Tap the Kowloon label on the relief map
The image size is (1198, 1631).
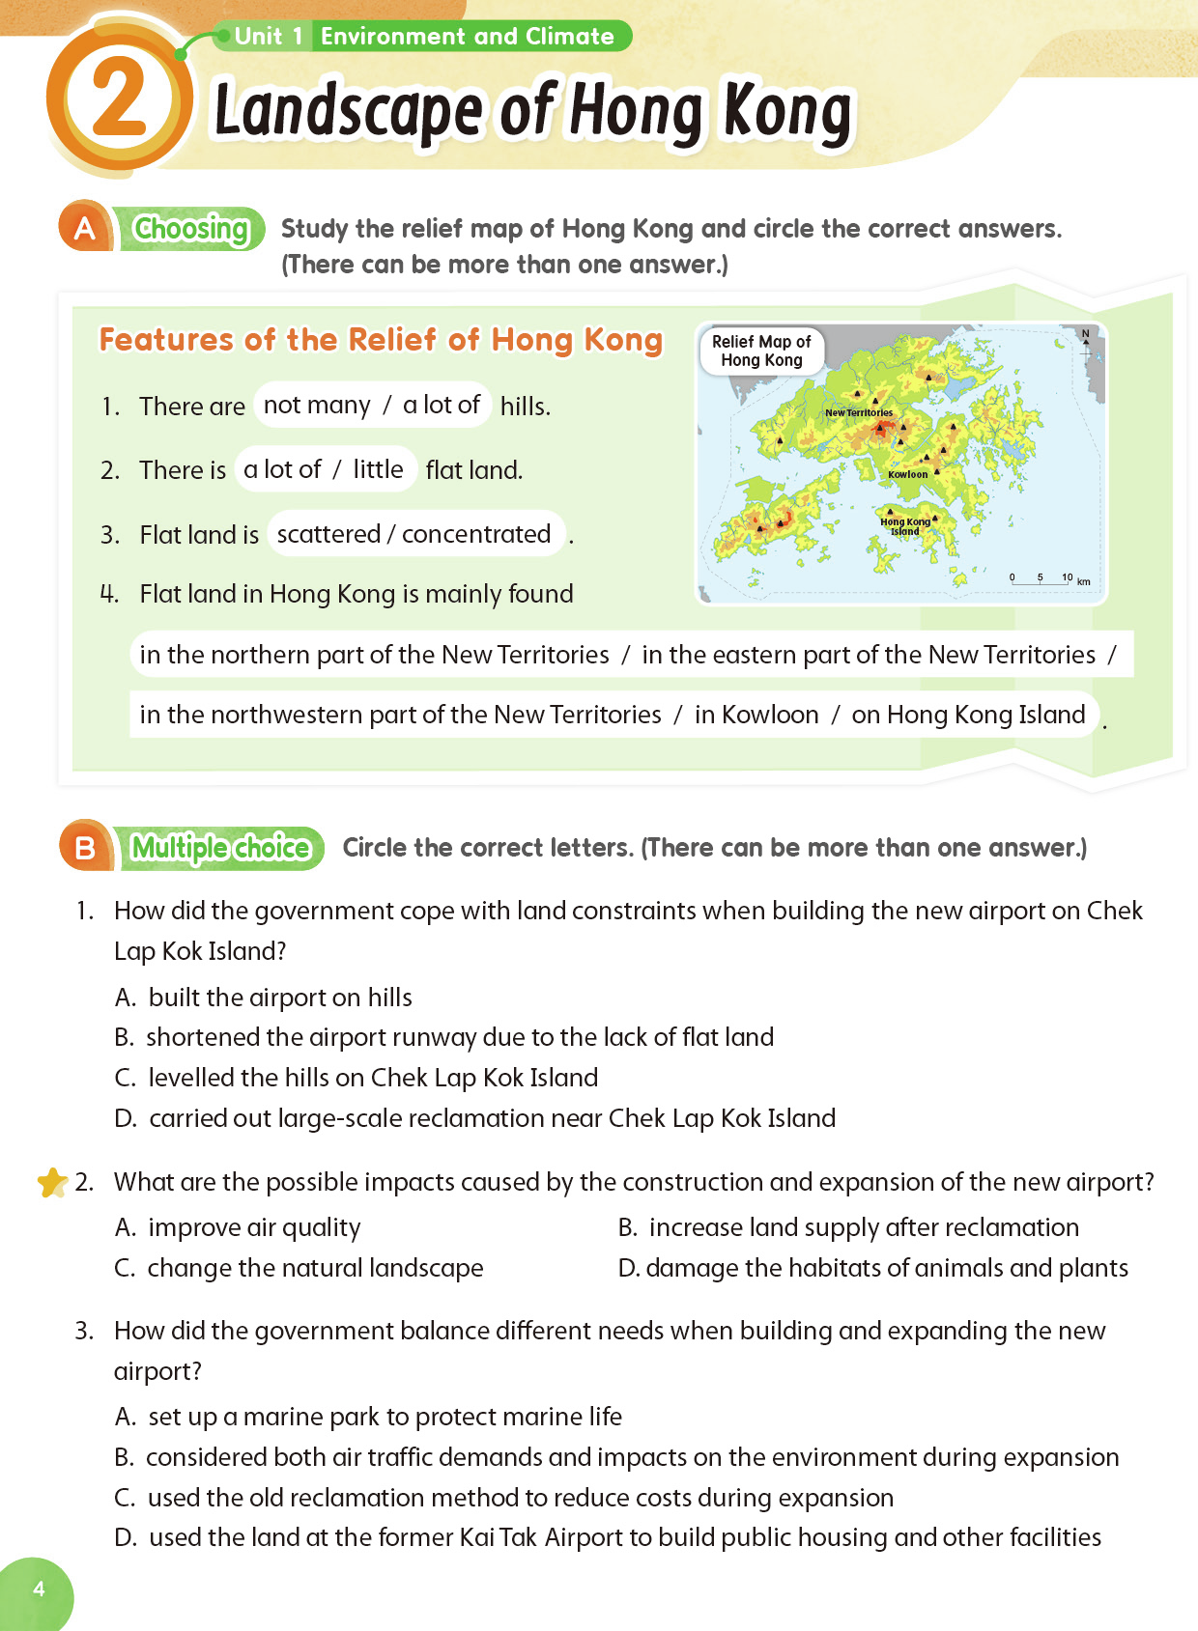(907, 474)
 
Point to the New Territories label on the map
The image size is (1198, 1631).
(859, 412)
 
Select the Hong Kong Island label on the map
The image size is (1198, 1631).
(905, 526)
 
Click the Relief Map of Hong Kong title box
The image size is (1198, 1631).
(761, 351)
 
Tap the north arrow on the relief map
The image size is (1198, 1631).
(1086, 337)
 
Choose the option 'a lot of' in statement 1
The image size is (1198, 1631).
(442, 406)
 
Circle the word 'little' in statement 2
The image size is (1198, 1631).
(378, 469)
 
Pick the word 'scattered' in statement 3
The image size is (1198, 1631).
(328, 534)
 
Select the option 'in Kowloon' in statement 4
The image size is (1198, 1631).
(756, 715)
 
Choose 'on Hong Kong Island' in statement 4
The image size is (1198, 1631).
(968, 715)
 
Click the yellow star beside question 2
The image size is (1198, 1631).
(52, 1182)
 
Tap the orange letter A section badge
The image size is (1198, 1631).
(85, 228)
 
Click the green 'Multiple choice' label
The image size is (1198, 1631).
(220, 848)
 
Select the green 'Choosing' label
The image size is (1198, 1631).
(191, 229)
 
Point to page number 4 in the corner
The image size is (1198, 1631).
(39, 1589)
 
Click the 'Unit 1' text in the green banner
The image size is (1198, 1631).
(269, 37)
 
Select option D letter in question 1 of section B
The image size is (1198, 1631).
(125, 1118)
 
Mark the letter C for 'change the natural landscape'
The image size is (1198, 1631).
(125, 1268)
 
